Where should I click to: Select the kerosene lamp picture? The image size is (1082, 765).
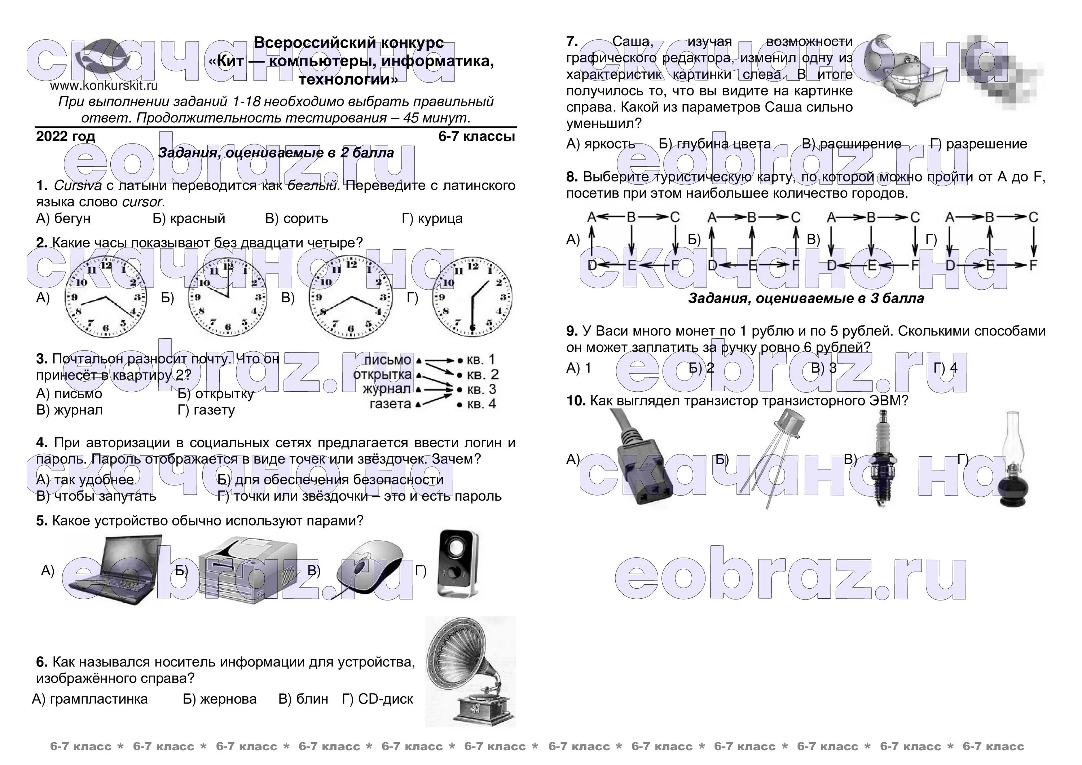(1013, 462)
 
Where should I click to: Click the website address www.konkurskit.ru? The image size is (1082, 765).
(104, 86)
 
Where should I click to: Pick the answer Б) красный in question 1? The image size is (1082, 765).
(189, 219)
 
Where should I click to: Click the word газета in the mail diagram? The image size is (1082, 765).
(390, 404)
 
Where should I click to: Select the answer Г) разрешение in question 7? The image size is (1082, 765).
(979, 144)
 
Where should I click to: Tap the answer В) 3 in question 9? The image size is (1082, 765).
(824, 368)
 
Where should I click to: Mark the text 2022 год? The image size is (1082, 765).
(66, 137)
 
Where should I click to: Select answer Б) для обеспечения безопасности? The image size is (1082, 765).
(330, 480)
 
